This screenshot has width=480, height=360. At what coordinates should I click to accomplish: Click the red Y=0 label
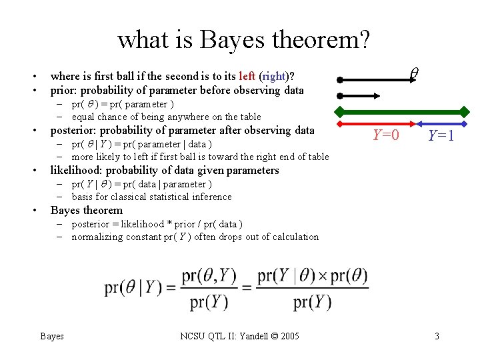click(386, 135)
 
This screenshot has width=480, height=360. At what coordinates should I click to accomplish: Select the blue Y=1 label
click(441, 135)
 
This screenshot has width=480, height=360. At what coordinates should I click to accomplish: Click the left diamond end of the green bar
click(339, 110)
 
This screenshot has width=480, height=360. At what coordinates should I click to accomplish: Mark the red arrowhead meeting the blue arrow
click(413, 123)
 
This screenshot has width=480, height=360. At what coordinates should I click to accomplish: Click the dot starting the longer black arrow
click(339, 80)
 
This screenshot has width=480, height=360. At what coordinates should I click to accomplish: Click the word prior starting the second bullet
click(64, 90)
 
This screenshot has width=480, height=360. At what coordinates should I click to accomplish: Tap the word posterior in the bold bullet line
click(75, 130)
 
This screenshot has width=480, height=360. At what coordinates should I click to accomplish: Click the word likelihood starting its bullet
click(76, 170)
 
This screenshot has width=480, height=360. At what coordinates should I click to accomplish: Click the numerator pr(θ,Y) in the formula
click(209, 275)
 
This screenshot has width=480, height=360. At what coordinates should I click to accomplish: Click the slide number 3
click(437, 336)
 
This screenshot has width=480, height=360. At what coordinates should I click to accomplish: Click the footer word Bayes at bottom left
click(52, 336)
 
